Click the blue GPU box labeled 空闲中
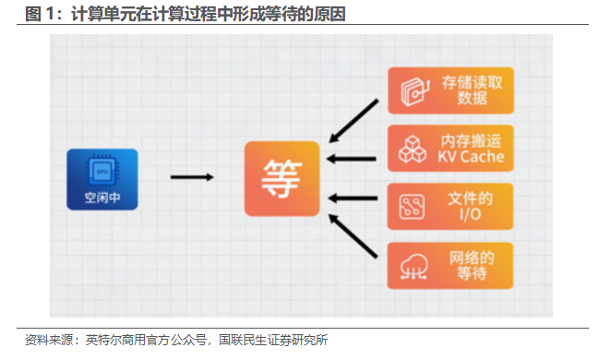pyautogui.click(x=102, y=179)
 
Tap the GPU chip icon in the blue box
pyautogui.click(x=102, y=171)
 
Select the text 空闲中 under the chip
pyautogui.click(x=102, y=198)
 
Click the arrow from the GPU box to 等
pyautogui.click(x=192, y=177)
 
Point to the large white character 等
pyautogui.click(x=282, y=179)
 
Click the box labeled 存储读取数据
pyautogui.click(x=450, y=90)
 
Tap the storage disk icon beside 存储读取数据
pyautogui.click(x=414, y=91)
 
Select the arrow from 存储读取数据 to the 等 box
pyautogui.click(x=353, y=121)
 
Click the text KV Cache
pyautogui.click(x=471, y=157)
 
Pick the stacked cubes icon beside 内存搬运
pyautogui.click(x=413, y=149)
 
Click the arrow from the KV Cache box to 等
pyautogui.click(x=352, y=159)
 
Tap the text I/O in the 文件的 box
pyautogui.click(x=471, y=214)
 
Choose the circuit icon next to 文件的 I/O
pyautogui.click(x=412, y=207)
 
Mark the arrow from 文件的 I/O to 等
pyautogui.click(x=353, y=198)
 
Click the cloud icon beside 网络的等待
pyautogui.click(x=414, y=267)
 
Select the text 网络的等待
pyautogui.click(x=472, y=266)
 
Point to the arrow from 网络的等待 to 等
pyautogui.click(x=353, y=235)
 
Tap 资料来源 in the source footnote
pyautogui.click(x=49, y=340)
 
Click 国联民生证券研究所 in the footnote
pyautogui.click(x=273, y=340)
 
